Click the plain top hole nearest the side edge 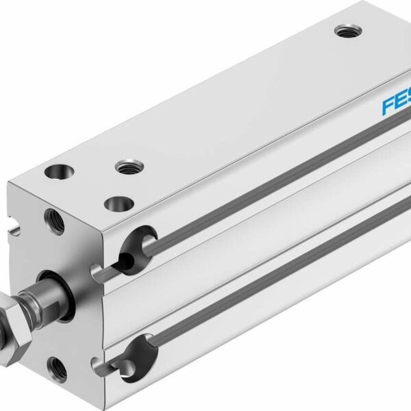tap(119, 203)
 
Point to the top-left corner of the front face tap(9, 183)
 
